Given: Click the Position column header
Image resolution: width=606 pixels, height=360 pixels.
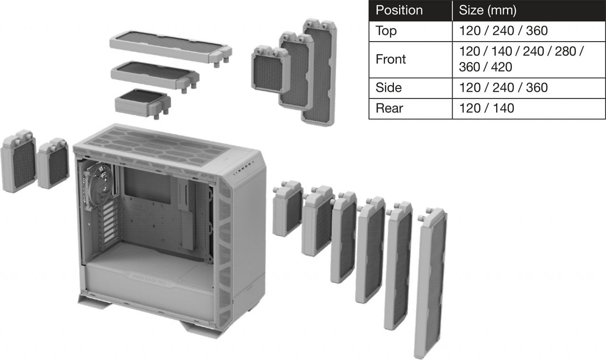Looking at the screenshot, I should click(x=399, y=10).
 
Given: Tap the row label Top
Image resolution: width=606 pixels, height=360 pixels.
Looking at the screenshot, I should click(x=386, y=31).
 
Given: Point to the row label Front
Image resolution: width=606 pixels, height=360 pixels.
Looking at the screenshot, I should click(x=391, y=59).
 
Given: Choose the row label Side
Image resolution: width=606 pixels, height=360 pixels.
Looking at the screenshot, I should click(x=388, y=88).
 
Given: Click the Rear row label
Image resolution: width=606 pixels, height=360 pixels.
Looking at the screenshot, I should click(x=389, y=108).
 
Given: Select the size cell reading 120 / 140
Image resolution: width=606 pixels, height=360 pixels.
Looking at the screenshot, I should click(x=486, y=108).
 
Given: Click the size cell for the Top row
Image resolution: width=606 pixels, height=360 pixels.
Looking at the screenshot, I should click(x=503, y=31).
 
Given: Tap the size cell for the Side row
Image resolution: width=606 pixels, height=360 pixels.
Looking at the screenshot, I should click(x=503, y=88).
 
